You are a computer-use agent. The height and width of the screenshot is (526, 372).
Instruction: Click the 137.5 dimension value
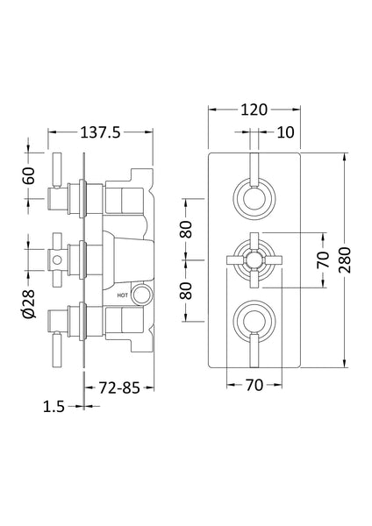pos(99,132)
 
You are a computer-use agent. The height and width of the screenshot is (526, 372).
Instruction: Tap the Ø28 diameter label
pos(28,301)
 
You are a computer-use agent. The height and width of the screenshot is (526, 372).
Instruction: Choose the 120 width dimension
pos(253,110)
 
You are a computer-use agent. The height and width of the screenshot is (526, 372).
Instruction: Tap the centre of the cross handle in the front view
pos(253,259)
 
